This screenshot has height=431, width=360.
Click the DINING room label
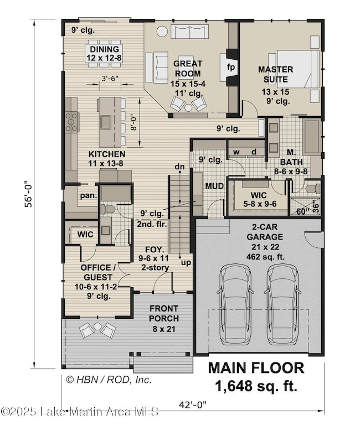105,49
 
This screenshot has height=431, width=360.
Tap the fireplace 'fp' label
230,67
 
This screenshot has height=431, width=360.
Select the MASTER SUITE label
275,74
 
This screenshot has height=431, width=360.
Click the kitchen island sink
106,122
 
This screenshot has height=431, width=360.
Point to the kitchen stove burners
71,122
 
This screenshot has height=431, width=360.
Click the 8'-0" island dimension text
133,122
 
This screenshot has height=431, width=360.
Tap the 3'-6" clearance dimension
110,79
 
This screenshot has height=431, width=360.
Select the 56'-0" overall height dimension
29,194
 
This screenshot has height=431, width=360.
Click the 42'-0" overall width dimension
193,404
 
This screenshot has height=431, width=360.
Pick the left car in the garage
235,304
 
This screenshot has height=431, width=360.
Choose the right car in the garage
282,304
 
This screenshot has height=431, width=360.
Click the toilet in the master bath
313,189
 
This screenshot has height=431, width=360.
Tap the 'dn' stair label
180,167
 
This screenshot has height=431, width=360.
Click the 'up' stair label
186,263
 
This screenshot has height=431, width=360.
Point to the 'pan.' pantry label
89,196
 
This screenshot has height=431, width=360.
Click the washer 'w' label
236,152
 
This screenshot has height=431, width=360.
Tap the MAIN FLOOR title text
256,368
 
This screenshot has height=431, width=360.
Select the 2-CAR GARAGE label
265,232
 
